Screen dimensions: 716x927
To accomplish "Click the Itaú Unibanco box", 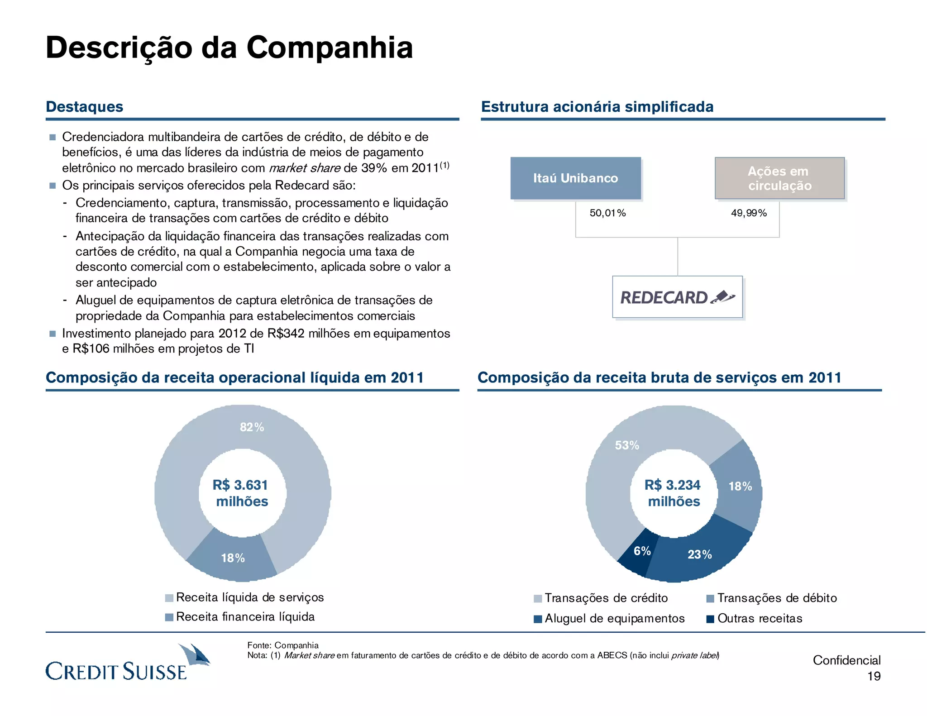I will pos(575,178).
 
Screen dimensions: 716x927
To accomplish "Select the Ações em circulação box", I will pos(779,178).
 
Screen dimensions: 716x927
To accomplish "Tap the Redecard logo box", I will pos(677,297).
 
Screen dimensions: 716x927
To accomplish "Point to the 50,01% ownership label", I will pos(607,213).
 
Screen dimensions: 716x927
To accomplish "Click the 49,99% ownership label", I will pos(749,213).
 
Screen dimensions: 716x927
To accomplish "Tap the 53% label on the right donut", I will pos(627,446).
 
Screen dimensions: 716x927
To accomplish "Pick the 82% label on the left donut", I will pos(252,427).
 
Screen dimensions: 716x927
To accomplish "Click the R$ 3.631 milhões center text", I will pos(241,493).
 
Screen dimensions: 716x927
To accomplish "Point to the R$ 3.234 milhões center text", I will pos(673,493).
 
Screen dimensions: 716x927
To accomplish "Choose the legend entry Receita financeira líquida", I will pos(245,617).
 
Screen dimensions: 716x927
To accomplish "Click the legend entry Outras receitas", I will pos(759,619).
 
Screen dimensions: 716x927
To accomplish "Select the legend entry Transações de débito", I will pos(776,598).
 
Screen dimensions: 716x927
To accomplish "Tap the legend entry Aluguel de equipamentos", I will pos(614,619).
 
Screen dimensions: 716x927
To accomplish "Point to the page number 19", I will pos(874,677).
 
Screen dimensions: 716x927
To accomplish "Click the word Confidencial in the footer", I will pos(846,660).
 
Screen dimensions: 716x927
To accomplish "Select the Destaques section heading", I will pos(85,107).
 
